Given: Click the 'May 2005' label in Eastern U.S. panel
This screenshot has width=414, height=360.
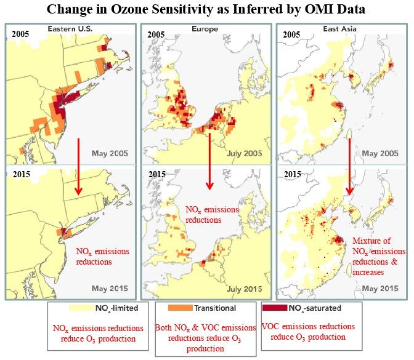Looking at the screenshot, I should pyautogui.click(x=112, y=153).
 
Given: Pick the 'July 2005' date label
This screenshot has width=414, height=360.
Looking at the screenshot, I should pyautogui.click(x=246, y=153).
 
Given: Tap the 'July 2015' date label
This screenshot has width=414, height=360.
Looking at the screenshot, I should pyautogui.click(x=246, y=288).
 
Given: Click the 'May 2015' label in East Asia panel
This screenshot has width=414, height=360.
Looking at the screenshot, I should pyautogui.click(x=380, y=288).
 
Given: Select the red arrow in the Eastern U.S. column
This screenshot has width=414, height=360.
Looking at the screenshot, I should pyautogui.click(x=78, y=167).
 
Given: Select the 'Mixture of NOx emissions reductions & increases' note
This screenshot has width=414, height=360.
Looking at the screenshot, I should pyautogui.click(x=377, y=256).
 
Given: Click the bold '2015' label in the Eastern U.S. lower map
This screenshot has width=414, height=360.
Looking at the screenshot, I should pyautogui.click(x=20, y=174).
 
